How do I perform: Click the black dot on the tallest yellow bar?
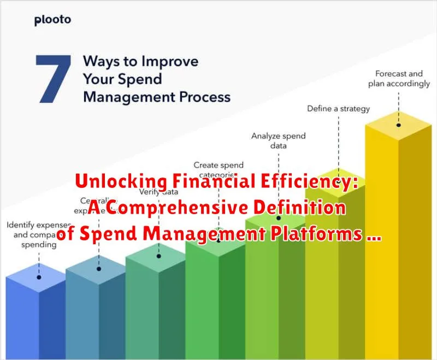tap(398, 124)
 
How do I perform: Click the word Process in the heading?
tap(203, 97)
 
